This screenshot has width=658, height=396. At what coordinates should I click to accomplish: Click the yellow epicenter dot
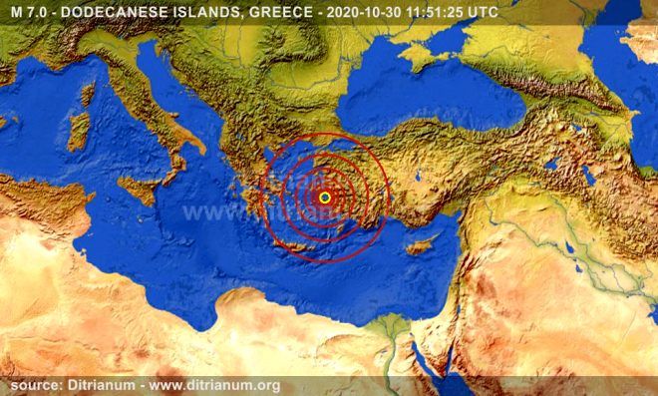pos(325,198)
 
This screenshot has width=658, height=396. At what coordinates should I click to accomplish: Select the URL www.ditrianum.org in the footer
pos(215,385)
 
